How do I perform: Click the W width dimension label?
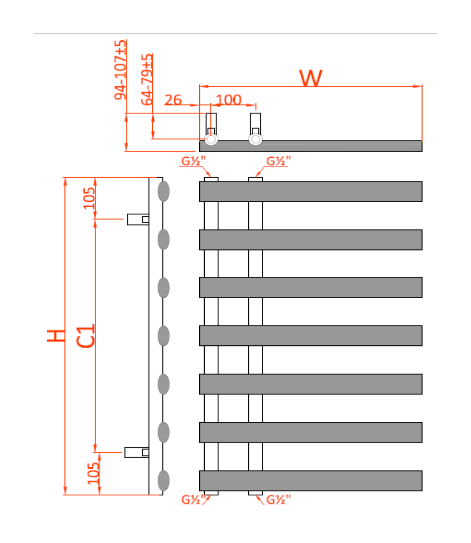point(311,78)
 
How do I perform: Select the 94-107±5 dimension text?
point(120,70)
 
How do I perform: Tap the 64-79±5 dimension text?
point(147,80)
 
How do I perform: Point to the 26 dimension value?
point(173,100)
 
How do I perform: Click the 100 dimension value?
point(229,100)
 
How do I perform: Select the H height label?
point(56,335)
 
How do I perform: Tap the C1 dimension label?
point(86,335)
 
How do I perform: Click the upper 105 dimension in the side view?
point(89,198)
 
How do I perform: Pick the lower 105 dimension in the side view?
point(93,473)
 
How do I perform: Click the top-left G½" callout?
point(193,161)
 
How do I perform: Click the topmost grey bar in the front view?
point(311,191)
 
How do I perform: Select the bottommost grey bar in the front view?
point(311,481)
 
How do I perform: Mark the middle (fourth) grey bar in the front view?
point(311,336)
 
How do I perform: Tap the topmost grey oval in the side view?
point(163,191)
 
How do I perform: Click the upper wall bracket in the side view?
point(138,219)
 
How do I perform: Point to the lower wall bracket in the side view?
point(136,452)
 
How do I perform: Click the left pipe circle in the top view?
point(211,139)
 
